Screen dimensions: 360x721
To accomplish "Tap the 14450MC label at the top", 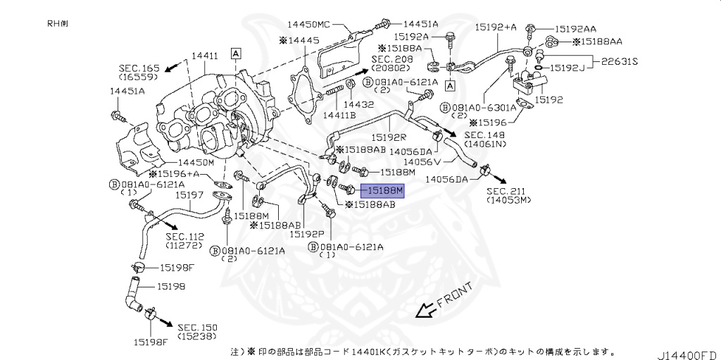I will (323, 23).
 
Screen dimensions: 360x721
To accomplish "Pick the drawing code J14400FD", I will (689, 352).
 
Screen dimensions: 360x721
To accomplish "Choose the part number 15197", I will (189, 194).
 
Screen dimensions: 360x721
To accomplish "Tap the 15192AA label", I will (575, 29).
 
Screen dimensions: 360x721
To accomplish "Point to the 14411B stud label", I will (339, 114).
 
